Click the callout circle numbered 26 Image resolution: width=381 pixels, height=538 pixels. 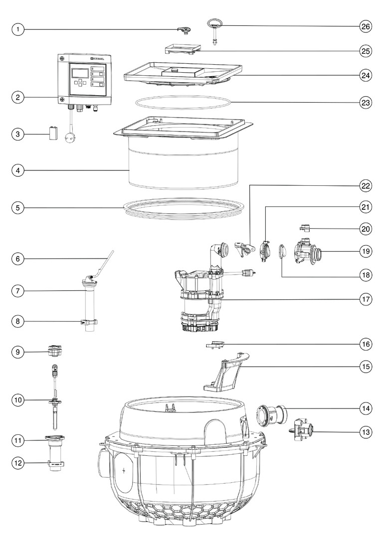coord(366,26)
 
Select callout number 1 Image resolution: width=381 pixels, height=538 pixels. coord(18,29)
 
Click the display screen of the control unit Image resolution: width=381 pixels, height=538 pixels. coord(80,73)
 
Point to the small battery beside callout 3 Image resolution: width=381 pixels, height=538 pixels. coord(53,133)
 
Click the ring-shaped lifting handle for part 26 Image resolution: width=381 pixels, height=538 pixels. coord(215,23)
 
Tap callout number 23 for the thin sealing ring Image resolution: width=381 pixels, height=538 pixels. coord(366,102)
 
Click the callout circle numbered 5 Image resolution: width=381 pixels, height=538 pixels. coord(18,208)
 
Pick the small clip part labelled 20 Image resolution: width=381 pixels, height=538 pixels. coord(305,228)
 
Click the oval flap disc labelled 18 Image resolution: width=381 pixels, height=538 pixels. coord(282,251)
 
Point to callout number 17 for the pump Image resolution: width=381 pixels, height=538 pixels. coord(366,299)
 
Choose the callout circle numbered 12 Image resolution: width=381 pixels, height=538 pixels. coord(18,463)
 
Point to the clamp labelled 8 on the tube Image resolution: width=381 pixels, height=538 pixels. coord(89,322)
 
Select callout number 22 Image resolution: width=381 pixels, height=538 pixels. coord(366,186)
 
